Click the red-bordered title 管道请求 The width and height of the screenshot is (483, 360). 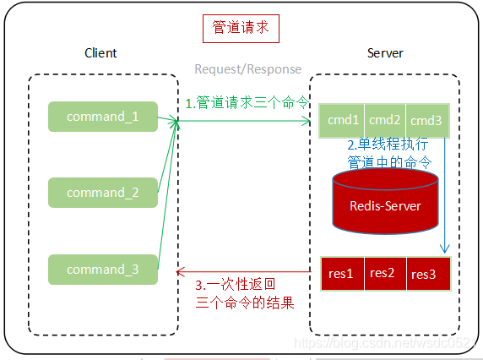[241, 28]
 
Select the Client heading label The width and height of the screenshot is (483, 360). [100, 53]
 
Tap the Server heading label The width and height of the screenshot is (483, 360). [385, 53]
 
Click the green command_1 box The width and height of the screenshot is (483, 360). [102, 117]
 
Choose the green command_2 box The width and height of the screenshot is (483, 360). [102, 193]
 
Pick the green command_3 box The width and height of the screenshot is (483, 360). [102, 269]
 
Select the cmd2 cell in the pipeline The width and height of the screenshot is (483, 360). [384, 120]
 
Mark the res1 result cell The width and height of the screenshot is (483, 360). [342, 273]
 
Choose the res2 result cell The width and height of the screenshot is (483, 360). [383, 273]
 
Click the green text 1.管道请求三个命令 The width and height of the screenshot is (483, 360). [247, 103]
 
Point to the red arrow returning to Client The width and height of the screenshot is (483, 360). [245, 270]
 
